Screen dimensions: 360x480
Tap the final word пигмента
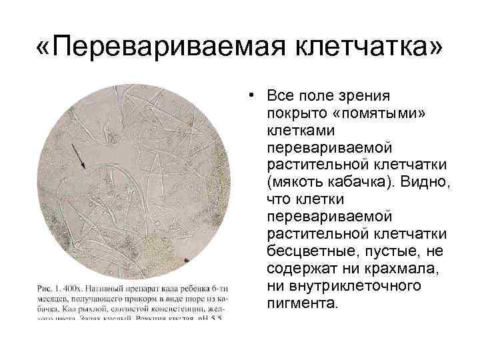click(302, 303)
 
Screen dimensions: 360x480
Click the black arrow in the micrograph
click(78, 159)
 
